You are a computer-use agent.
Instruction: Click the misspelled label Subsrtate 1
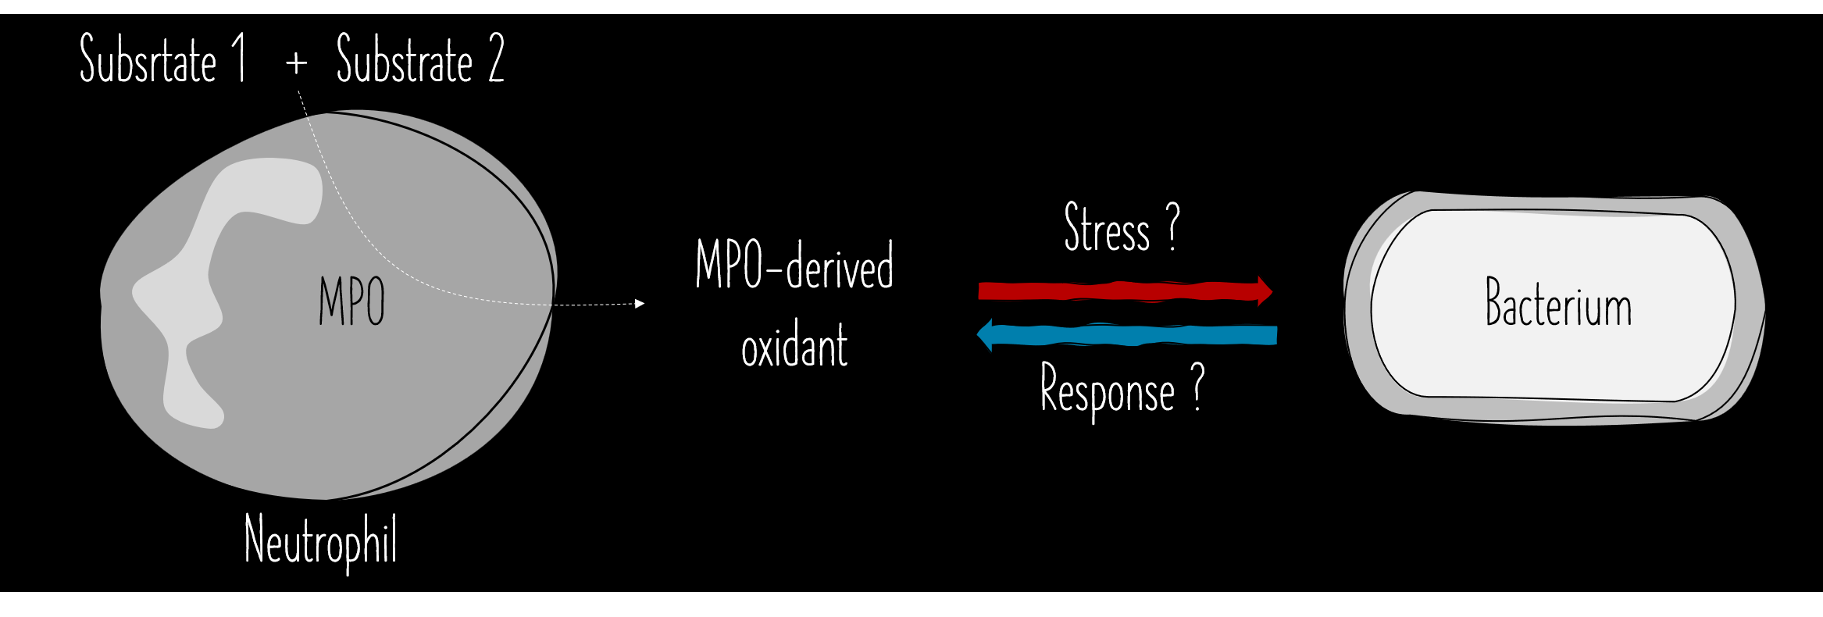point(162,59)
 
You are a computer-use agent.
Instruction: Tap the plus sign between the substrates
point(296,62)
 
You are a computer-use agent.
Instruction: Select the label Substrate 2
point(420,59)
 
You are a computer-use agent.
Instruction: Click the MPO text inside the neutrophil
point(351,301)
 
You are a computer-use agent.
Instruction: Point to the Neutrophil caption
point(320,540)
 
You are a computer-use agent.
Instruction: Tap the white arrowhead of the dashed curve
point(640,304)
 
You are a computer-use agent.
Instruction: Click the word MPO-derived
point(794,266)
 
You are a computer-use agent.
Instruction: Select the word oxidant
point(794,346)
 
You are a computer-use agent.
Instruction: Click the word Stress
point(1107,228)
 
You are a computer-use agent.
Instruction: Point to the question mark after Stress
point(1173,226)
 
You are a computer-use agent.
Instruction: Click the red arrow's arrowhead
point(1265,291)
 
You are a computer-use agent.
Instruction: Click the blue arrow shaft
point(1133,336)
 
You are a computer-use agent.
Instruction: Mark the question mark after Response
point(1197,387)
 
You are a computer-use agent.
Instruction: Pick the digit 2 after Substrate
point(497,59)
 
